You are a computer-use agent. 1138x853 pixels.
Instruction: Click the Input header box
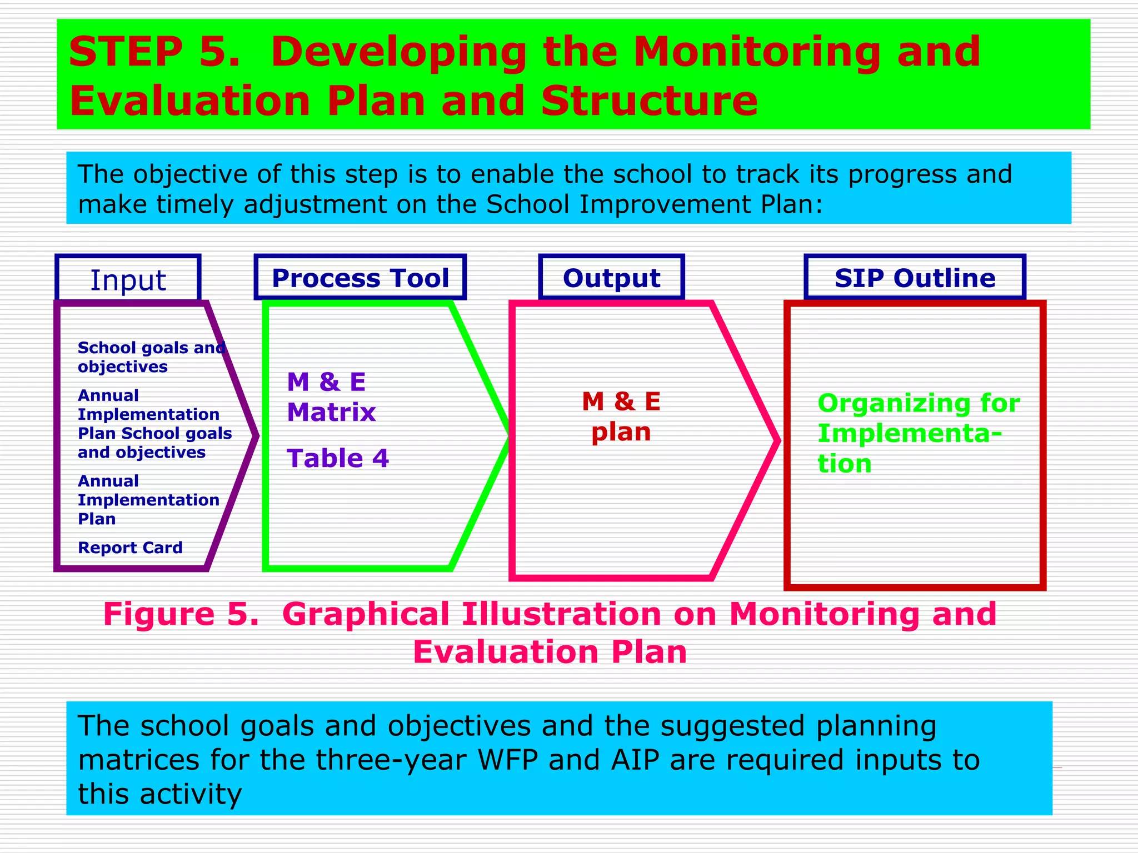coord(128,278)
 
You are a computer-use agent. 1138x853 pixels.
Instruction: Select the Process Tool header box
coord(360,278)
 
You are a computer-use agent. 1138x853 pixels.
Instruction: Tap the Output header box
coord(611,278)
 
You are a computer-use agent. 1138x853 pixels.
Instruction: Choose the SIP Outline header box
coord(915,278)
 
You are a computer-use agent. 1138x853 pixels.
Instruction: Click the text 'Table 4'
coord(338,458)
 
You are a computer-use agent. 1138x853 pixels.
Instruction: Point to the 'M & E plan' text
coord(621,417)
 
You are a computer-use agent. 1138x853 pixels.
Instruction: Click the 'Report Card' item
coord(130,548)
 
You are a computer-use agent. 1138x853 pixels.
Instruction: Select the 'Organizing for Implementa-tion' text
coord(919,433)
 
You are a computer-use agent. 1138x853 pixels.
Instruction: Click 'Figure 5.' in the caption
coord(181,614)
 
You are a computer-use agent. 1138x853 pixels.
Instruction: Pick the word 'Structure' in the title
coord(649,101)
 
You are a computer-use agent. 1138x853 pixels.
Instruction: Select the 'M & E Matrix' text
coord(331,397)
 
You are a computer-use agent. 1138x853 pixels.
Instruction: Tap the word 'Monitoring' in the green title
coord(757,52)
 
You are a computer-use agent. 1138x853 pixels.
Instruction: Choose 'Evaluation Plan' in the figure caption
coord(550,651)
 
